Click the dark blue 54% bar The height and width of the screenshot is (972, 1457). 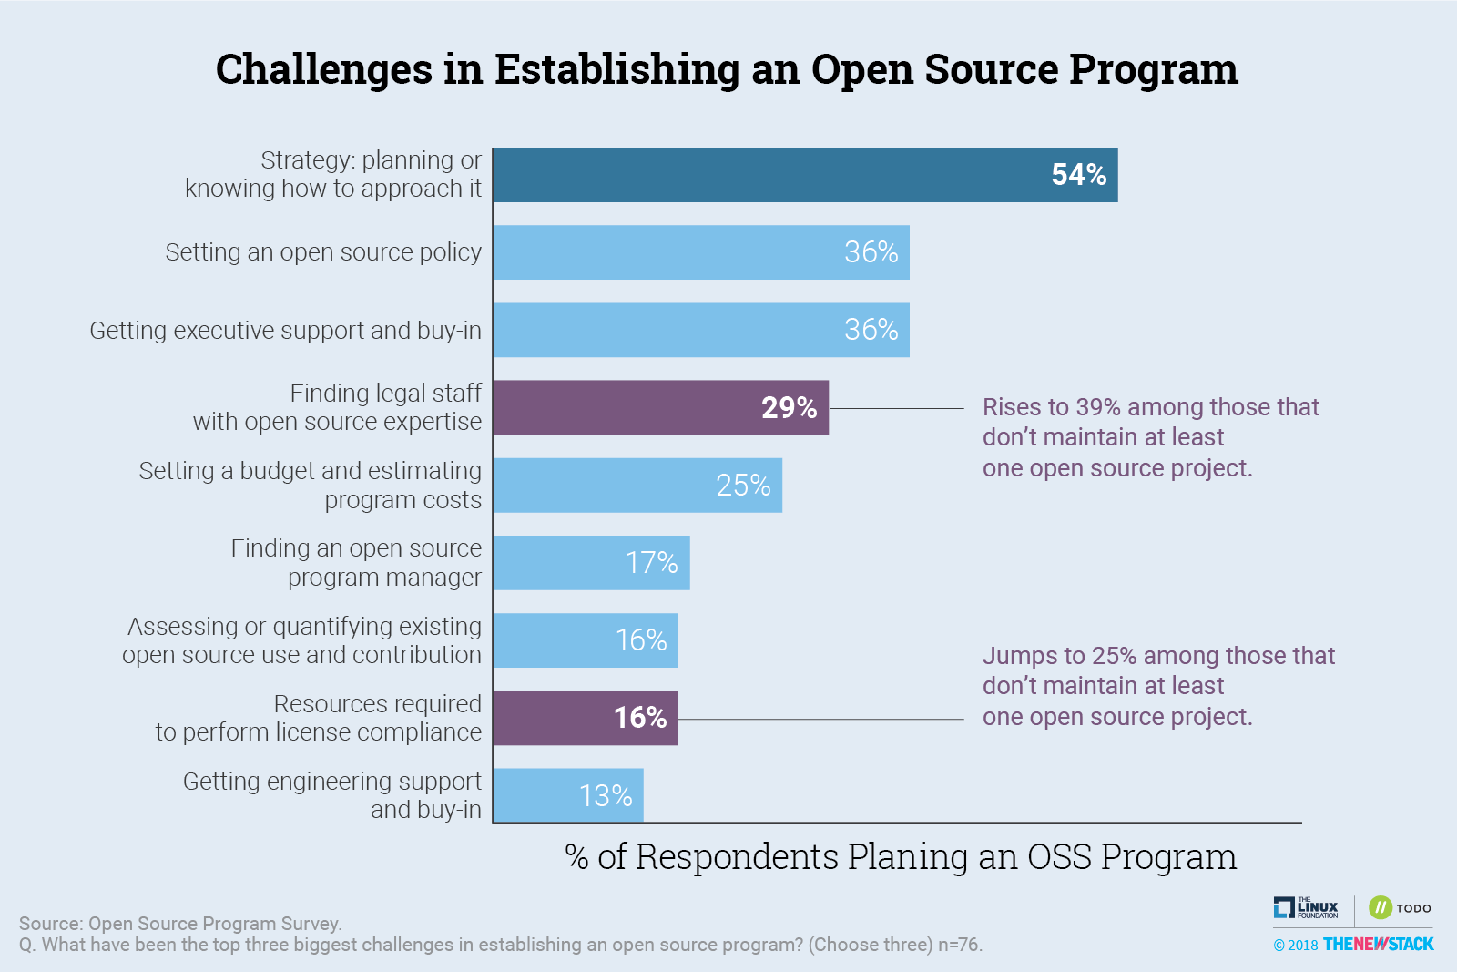coord(805,175)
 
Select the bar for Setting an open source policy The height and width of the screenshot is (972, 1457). coord(701,252)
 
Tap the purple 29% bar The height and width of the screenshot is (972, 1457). coord(661,407)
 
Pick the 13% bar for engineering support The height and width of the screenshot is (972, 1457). coord(568,795)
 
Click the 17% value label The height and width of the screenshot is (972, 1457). coord(651,563)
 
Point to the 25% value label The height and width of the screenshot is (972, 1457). coord(743,486)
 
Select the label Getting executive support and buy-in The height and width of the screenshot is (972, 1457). coord(285,330)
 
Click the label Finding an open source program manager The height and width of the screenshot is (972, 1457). coord(356,562)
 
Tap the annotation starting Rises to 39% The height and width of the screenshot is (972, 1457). coord(1150,437)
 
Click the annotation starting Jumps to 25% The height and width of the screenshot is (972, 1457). coord(1158,686)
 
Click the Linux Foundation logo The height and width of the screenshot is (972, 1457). coord(1306,907)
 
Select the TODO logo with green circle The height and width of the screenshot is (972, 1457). coord(1400,907)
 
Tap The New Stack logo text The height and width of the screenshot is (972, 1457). coord(1378,944)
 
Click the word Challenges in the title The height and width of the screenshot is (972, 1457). coord(324,69)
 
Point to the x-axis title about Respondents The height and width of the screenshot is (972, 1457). coord(900,857)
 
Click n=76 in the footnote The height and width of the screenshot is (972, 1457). coord(959,945)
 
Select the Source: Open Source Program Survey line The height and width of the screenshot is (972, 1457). coord(180,923)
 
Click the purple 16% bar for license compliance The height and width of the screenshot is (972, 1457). coord(586,718)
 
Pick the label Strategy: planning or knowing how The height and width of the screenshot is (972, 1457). coord(333,174)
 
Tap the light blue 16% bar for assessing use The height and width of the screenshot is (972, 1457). coord(586,640)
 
